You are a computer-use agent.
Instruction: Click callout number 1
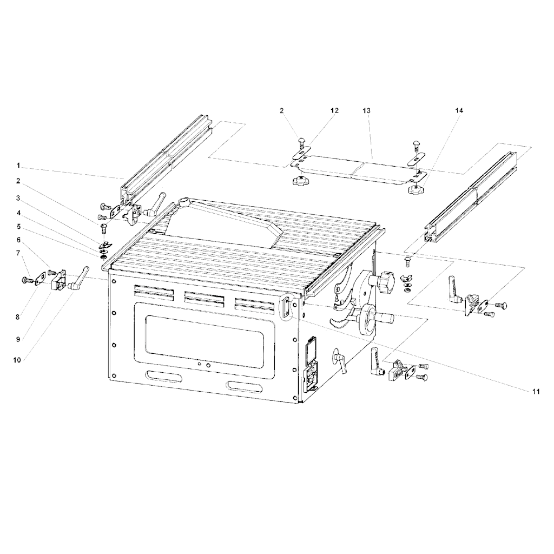[x=18, y=165]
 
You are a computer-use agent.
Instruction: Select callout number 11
[x=536, y=392]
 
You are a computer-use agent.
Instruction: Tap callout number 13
[x=366, y=110]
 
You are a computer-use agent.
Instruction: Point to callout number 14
[x=459, y=110]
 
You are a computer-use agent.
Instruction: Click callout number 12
[x=334, y=110]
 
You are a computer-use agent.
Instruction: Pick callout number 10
[x=17, y=360]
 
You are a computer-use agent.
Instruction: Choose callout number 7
[x=18, y=253]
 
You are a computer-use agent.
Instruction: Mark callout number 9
[x=18, y=340]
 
